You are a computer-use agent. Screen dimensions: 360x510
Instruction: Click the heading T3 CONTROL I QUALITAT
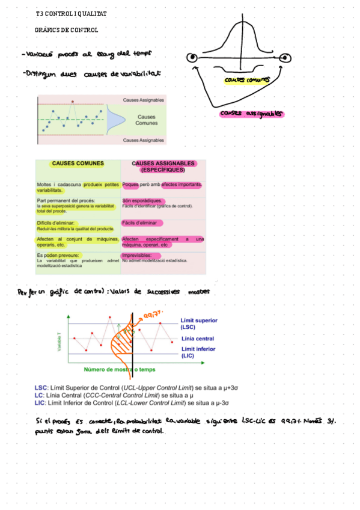[71, 13]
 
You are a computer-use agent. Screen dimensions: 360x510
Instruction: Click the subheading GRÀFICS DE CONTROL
[67, 29]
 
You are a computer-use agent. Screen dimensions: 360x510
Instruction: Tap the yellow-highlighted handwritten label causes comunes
[246, 79]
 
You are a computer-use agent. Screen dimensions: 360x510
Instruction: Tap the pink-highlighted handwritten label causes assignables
[252, 113]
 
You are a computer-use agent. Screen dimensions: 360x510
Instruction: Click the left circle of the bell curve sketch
[192, 58]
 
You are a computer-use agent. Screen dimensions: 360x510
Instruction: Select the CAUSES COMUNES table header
[78, 164]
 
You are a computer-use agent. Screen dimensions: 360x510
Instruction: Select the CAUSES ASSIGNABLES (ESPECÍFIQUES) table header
[163, 166]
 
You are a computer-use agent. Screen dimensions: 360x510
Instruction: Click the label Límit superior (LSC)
[199, 324]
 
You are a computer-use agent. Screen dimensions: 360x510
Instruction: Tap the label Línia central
[197, 339]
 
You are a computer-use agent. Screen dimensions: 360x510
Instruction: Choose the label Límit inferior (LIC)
[198, 352]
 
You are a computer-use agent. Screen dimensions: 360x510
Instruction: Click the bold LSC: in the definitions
[41, 388]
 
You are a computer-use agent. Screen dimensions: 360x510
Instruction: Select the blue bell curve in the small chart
[112, 118]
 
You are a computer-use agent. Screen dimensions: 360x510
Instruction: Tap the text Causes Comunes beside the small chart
[146, 120]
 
